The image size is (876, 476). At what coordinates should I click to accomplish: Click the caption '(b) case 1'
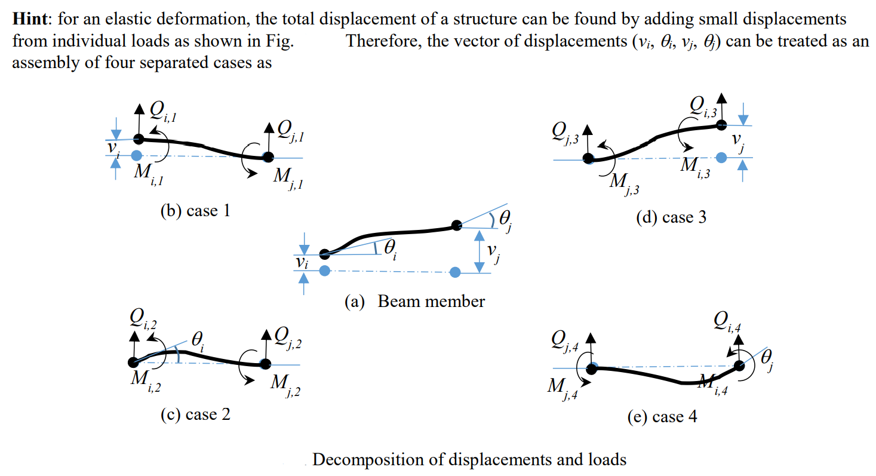[195, 211]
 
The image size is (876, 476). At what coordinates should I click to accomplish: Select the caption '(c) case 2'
[195, 414]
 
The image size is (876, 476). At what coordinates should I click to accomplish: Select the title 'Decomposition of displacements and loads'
[469, 459]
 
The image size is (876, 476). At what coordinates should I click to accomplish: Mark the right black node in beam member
[456, 225]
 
